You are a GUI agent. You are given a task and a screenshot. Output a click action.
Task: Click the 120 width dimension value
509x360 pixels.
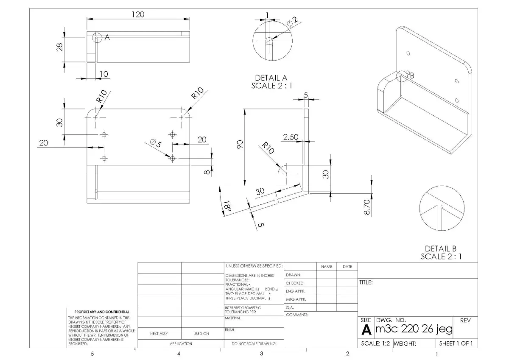pyautogui.click(x=137, y=14)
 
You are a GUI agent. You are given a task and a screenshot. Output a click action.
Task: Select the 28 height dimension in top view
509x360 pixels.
pyautogui.click(x=60, y=47)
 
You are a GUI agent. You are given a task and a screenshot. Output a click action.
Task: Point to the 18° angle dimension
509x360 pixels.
pyautogui.click(x=227, y=207)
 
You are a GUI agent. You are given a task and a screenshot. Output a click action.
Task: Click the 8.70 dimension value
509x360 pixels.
pyautogui.click(x=367, y=207)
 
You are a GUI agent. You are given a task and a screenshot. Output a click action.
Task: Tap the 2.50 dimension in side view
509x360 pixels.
pyautogui.click(x=291, y=137)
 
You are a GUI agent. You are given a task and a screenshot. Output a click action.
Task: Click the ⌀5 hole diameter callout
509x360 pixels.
pyautogui.click(x=156, y=143)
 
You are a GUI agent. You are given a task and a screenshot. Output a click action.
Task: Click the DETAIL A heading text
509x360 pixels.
pyautogui.click(x=271, y=78)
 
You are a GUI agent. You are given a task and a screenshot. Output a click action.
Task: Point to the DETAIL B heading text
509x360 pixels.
pyautogui.click(x=441, y=249)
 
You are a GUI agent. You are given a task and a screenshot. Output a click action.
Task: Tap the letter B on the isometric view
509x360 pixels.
pyautogui.click(x=411, y=75)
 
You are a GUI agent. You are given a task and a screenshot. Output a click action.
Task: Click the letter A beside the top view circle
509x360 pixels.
pyautogui.click(x=107, y=37)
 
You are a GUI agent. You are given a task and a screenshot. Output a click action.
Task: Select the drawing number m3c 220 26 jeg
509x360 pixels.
pyautogui.click(x=414, y=329)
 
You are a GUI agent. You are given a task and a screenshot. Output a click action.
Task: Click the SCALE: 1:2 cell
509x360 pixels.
pyautogui.click(x=375, y=343)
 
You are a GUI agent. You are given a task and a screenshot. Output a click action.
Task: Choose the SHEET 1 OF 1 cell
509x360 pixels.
pyautogui.click(x=456, y=343)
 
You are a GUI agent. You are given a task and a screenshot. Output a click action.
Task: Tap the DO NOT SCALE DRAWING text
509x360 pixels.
pyautogui.click(x=253, y=344)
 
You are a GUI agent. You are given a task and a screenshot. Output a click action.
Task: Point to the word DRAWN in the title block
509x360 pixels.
pyautogui.click(x=293, y=275)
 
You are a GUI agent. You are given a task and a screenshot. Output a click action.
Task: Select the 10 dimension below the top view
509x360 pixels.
pyautogui.click(x=103, y=74)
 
